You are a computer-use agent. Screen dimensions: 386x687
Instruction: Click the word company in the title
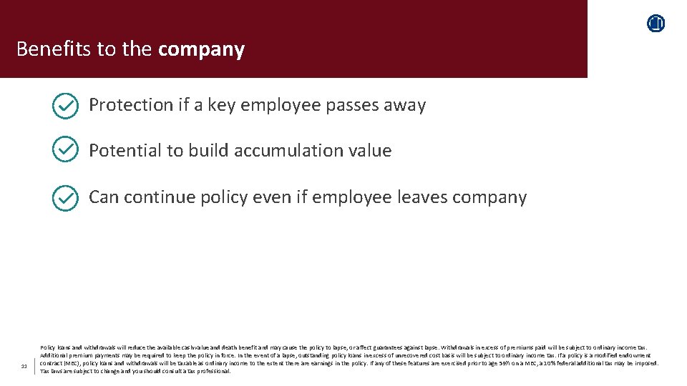[x=201, y=49]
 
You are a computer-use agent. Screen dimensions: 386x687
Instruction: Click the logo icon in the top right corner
[x=656, y=24]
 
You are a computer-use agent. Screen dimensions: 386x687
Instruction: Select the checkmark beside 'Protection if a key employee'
[x=66, y=107]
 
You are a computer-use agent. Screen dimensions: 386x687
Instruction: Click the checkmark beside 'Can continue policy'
[x=66, y=198]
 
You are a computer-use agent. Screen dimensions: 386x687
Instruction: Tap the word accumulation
[x=271, y=151]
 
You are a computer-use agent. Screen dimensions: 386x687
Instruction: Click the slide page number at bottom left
[x=24, y=367]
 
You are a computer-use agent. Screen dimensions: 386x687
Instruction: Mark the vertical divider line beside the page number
[x=34, y=365]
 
